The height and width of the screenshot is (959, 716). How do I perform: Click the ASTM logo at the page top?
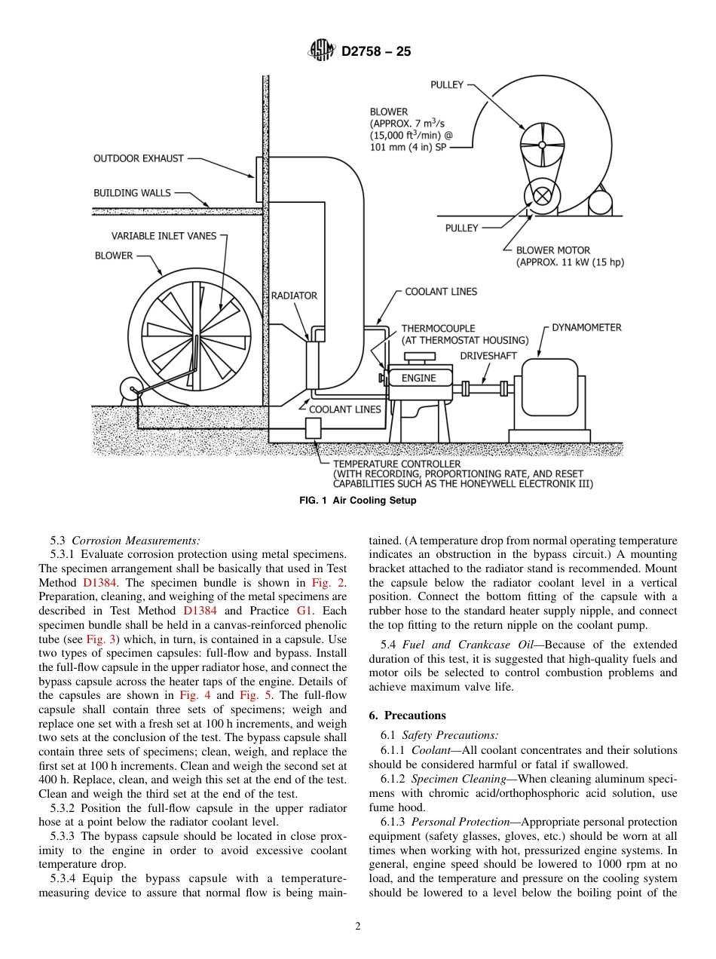point(322,51)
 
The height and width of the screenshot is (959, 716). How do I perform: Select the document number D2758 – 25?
point(376,52)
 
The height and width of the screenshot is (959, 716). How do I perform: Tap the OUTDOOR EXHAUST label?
point(138,158)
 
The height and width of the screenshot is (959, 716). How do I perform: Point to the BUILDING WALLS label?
point(132,193)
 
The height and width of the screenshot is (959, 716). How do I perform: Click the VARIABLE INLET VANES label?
point(164,236)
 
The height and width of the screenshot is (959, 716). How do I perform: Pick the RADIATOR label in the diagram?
point(294,296)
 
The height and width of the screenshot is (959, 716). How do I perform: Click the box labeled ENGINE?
point(418,378)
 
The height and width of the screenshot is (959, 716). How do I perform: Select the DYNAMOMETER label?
point(586,327)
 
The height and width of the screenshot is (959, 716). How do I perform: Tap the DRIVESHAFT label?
point(488,355)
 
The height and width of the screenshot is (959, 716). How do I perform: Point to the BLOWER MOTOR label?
point(553,250)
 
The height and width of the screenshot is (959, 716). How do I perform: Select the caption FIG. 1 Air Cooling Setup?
point(357,501)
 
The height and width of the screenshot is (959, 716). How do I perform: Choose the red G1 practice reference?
point(336,611)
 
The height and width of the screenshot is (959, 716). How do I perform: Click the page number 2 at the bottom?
point(358,927)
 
